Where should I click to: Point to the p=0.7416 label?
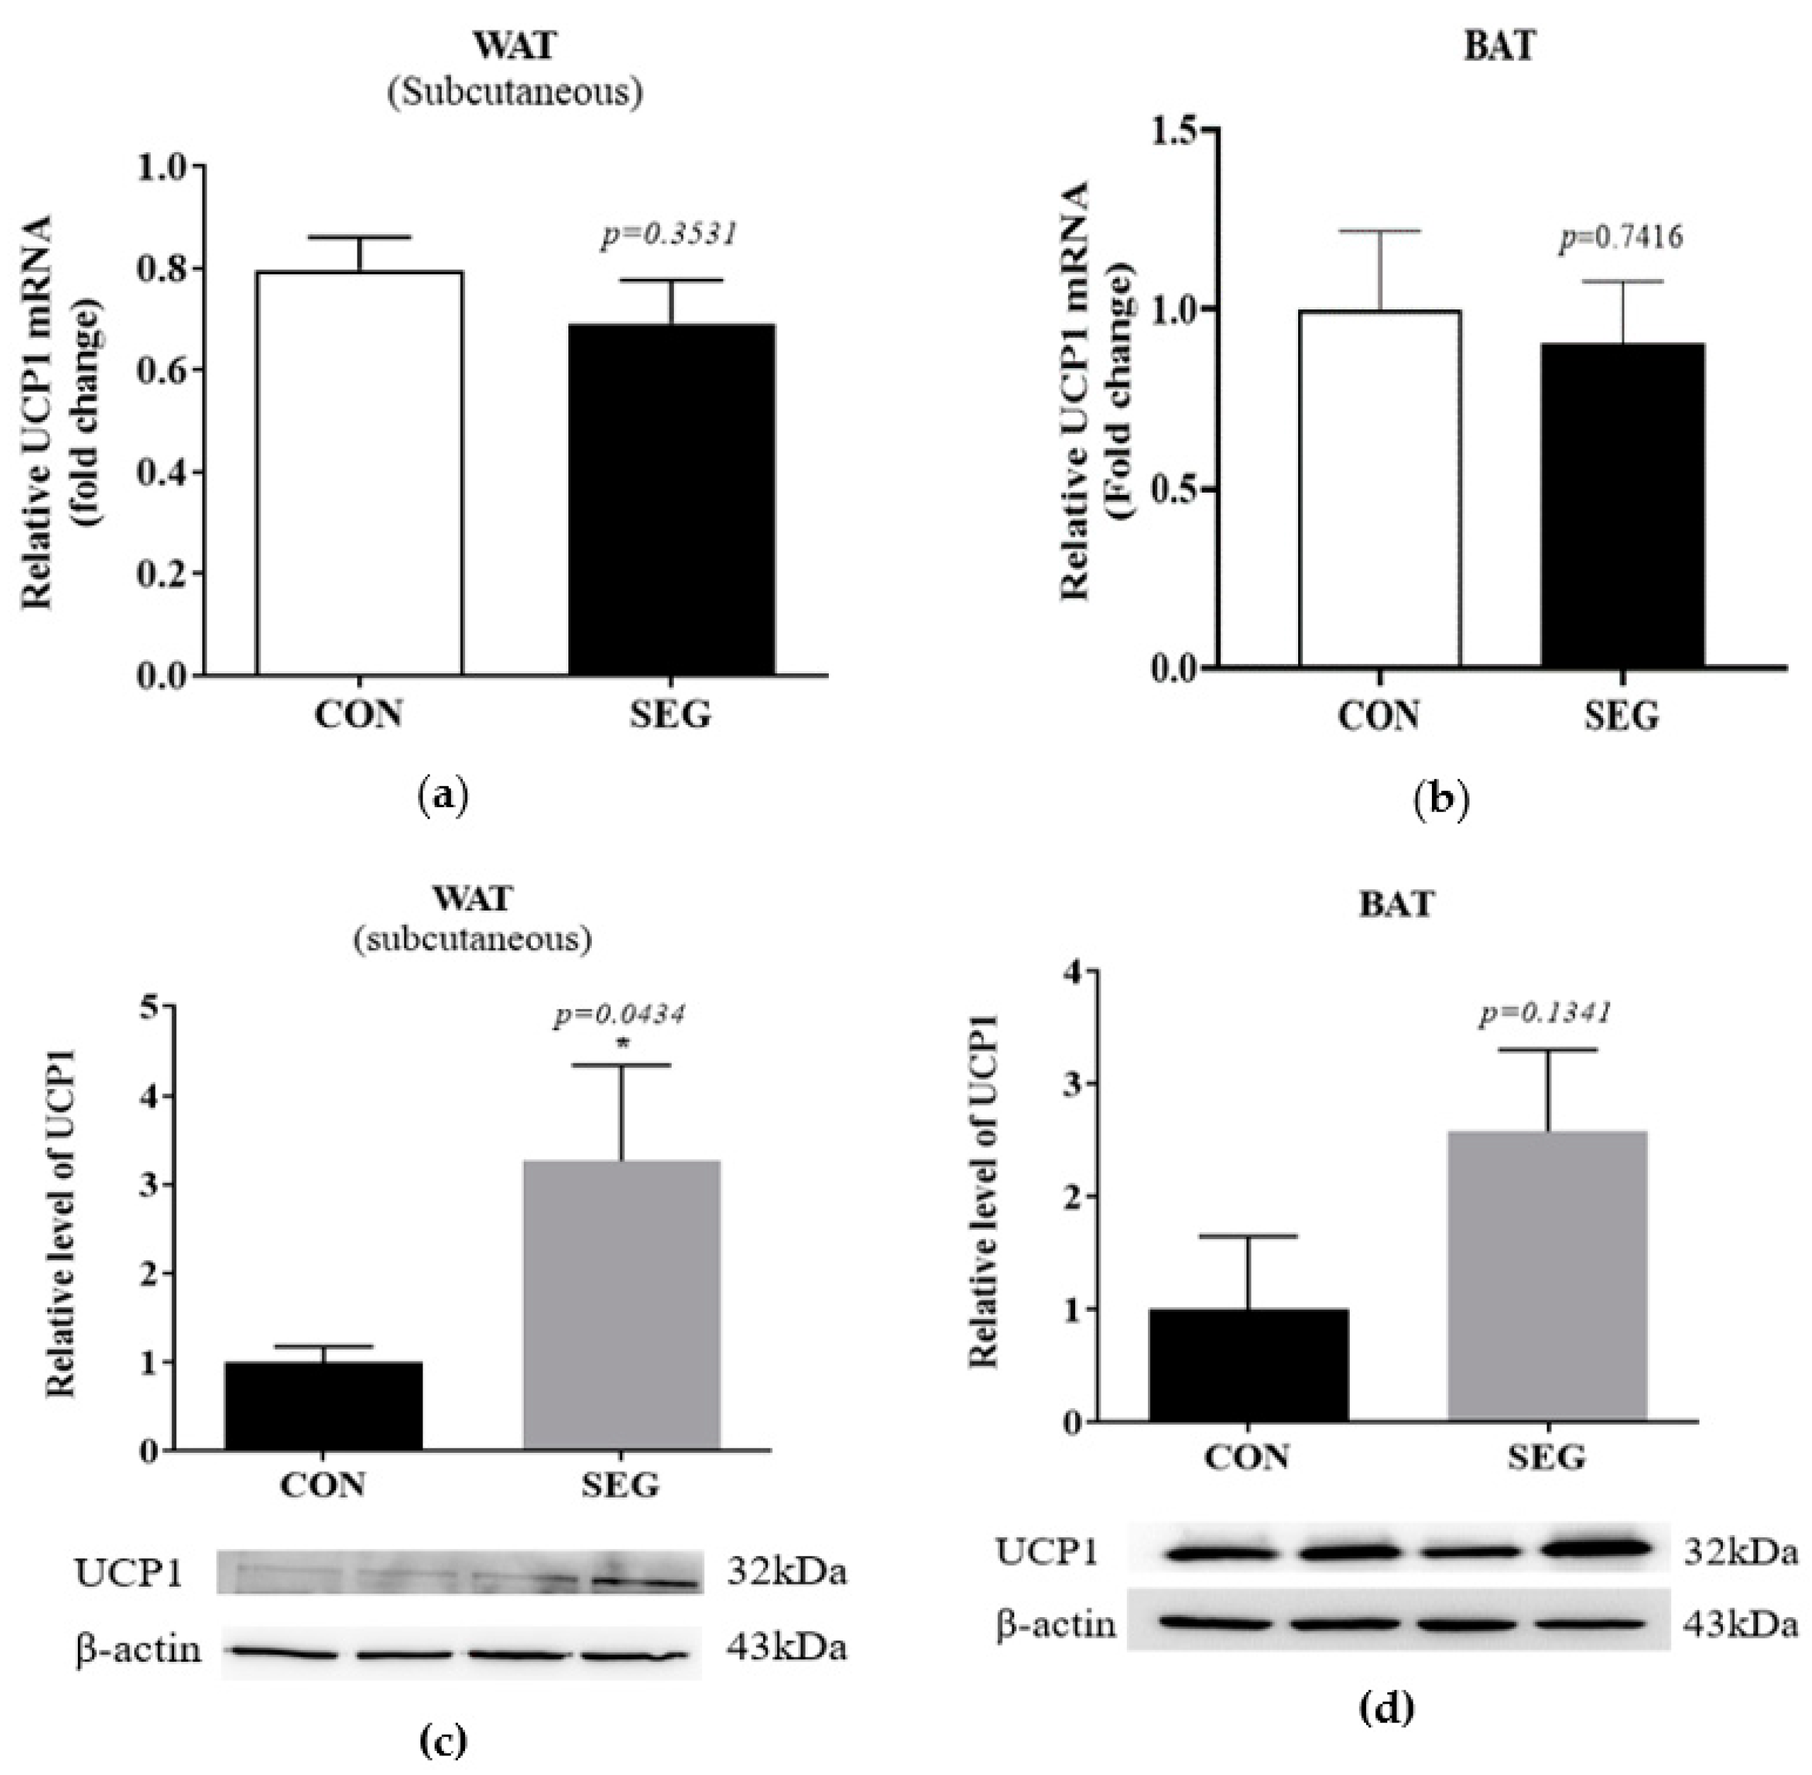click(1621, 238)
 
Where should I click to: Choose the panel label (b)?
click(1440, 800)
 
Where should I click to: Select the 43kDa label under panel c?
click(786, 1648)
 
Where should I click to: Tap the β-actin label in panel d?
click(1056, 1624)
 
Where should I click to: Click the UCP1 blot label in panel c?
click(129, 1573)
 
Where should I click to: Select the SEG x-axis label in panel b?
click(1622, 716)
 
